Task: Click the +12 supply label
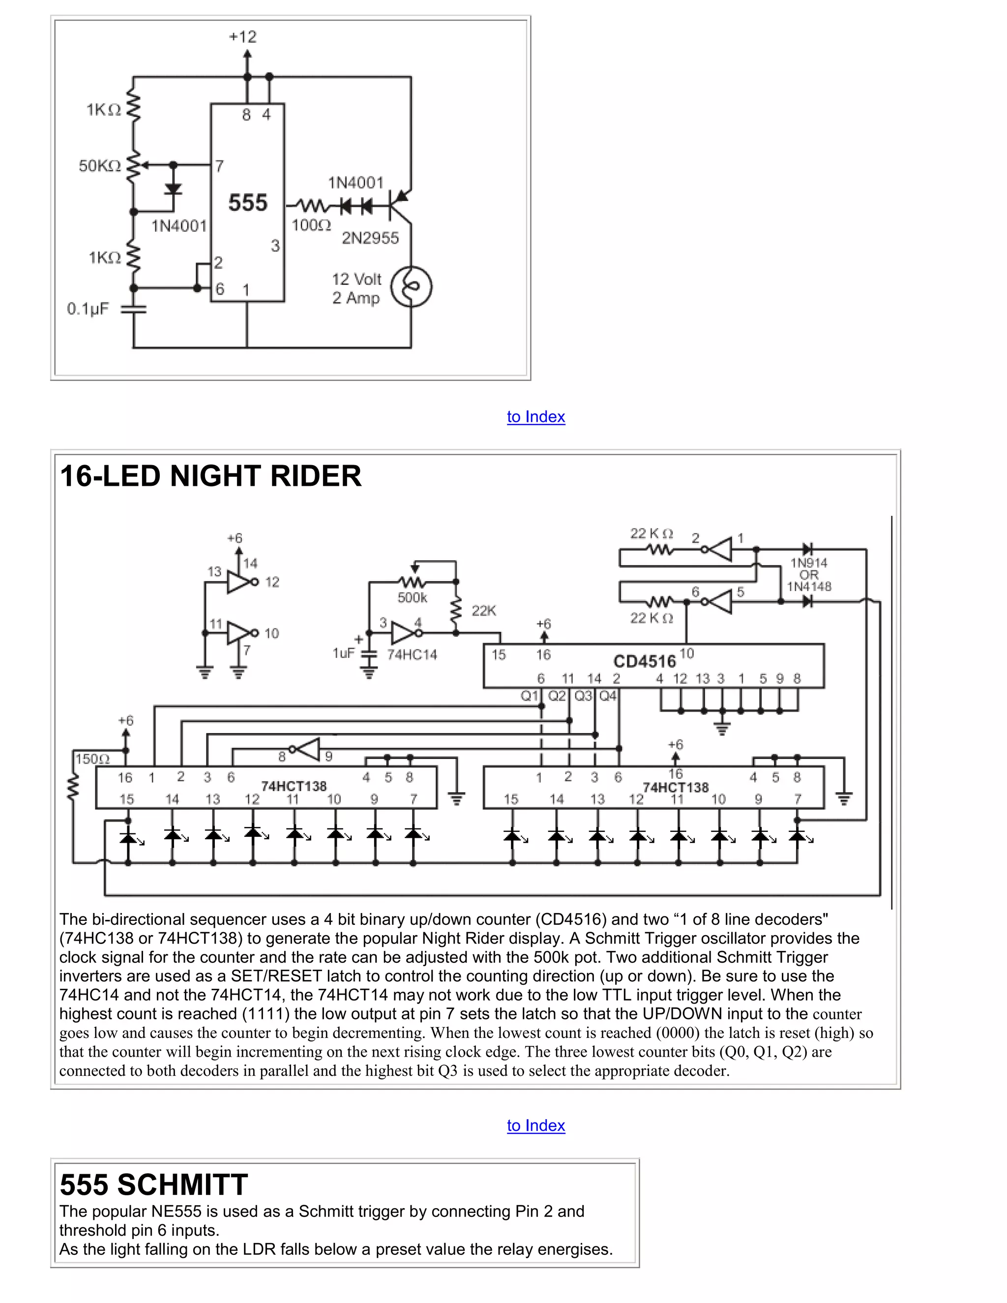(242, 37)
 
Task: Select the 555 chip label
(248, 203)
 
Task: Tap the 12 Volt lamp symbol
(411, 287)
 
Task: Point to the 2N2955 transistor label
(370, 238)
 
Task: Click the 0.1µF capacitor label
(88, 309)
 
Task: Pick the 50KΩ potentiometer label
(100, 166)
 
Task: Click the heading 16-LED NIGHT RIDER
(210, 476)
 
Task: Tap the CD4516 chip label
(644, 661)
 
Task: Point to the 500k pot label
(412, 597)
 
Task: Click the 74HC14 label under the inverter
(412, 655)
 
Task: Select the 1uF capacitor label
(343, 653)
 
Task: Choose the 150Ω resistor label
(92, 759)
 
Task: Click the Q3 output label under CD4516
(583, 696)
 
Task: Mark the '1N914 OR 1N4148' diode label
(808, 574)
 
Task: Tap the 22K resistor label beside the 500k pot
(483, 610)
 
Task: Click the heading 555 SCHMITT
(153, 1185)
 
